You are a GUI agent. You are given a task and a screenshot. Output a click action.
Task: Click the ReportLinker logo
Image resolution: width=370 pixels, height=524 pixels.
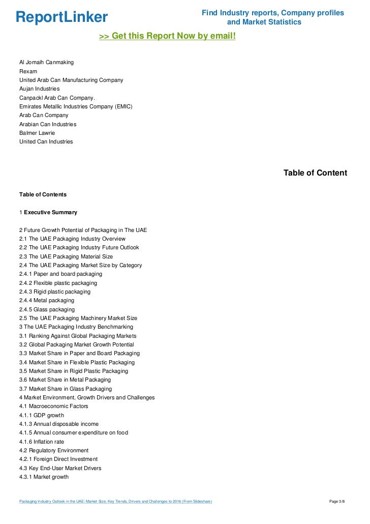click(x=61, y=17)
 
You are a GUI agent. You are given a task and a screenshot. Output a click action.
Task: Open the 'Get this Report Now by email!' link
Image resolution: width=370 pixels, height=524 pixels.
click(x=167, y=37)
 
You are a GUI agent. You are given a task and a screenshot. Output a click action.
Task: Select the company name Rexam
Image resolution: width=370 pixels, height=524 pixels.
click(x=28, y=71)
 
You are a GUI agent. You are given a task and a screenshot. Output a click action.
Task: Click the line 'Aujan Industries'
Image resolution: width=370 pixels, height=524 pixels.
click(x=39, y=89)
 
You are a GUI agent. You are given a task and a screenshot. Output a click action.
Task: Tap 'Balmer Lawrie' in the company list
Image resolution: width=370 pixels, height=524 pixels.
click(x=37, y=133)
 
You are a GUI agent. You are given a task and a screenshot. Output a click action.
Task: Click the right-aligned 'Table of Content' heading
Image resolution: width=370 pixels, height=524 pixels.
click(x=315, y=173)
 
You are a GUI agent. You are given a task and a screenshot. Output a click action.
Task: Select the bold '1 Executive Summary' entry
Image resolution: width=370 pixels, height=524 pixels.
click(x=48, y=212)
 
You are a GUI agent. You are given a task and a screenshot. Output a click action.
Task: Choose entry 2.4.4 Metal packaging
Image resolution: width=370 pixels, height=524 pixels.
click(x=47, y=301)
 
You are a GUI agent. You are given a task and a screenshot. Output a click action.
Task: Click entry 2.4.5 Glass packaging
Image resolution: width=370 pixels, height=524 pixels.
click(x=47, y=309)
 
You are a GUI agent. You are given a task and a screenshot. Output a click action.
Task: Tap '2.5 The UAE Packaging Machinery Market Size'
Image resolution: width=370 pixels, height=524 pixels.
click(x=78, y=318)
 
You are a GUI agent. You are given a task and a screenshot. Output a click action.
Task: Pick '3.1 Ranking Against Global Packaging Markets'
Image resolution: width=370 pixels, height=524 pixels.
click(x=78, y=336)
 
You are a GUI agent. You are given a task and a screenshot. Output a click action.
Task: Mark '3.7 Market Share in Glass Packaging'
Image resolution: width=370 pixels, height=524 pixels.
click(x=66, y=389)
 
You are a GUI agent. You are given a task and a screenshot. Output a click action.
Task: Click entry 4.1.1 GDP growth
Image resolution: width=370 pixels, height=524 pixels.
click(x=42, y=415)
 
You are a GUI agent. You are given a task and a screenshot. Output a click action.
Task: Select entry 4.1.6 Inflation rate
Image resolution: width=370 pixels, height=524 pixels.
click(x=42, y=442)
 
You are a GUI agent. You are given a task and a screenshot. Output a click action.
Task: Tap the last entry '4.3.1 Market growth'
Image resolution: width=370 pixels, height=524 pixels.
click(x=44, y=477)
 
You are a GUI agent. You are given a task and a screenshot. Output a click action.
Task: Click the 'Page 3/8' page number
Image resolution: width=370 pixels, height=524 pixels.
click(x=337, y=502)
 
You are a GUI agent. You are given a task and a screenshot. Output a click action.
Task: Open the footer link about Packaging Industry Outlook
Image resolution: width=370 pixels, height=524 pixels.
click(x=115, y=502)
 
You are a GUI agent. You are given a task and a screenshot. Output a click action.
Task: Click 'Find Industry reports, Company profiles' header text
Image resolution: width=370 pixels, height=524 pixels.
click(x=272, y=13)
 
